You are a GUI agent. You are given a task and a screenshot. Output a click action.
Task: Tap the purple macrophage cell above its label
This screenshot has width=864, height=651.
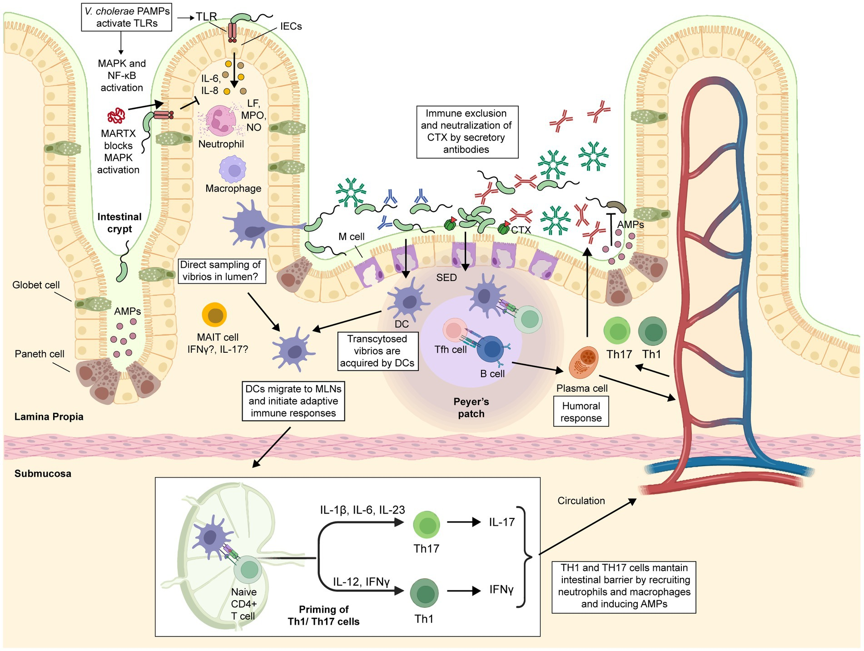coord(234,169)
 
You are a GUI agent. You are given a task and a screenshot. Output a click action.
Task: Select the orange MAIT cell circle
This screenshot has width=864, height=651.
coord(214,315)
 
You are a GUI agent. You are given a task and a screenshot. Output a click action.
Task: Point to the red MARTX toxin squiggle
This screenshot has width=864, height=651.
coord(116,116)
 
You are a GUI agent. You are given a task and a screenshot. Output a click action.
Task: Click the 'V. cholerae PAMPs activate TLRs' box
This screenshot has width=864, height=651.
coord(127,17)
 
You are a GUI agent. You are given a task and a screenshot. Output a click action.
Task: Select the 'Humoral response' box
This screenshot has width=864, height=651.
coord(581,412)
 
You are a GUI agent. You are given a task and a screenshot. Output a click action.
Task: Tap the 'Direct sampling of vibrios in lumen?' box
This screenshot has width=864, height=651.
coord(221,271)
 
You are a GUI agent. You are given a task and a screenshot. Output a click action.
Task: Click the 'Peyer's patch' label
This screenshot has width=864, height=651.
coord(471,408)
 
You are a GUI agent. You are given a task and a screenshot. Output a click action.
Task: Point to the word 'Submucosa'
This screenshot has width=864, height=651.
coord(43,473)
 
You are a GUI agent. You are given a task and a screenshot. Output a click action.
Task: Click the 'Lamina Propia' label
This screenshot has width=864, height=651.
coord(49,417)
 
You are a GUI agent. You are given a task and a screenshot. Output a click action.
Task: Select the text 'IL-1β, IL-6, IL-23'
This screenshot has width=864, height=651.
coord(362,510)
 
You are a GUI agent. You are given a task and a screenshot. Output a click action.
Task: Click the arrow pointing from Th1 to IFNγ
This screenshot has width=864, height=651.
coord(463,591)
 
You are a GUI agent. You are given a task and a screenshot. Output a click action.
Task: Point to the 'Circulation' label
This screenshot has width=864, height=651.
coord(581,501)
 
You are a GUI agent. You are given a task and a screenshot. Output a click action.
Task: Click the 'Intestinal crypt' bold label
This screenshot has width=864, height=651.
coord(119,222)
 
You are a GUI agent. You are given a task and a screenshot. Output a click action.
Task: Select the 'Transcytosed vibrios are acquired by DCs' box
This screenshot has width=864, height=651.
coord(377,351)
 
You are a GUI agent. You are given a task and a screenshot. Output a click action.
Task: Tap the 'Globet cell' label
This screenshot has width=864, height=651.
coord(36,285)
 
